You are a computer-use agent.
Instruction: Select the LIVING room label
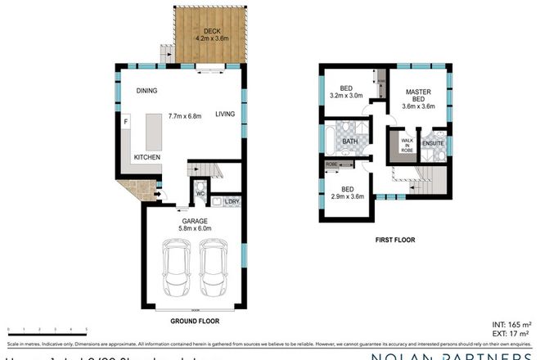[x=226, y=115]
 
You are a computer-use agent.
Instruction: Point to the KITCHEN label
[x=147, y=156]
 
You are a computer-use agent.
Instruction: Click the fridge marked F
[x=126, y=123]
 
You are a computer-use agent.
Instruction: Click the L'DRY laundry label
[x=231, y=201]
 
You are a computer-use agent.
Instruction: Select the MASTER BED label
[x=418, y=96]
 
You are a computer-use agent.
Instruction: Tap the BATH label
[x=350, y=142]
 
